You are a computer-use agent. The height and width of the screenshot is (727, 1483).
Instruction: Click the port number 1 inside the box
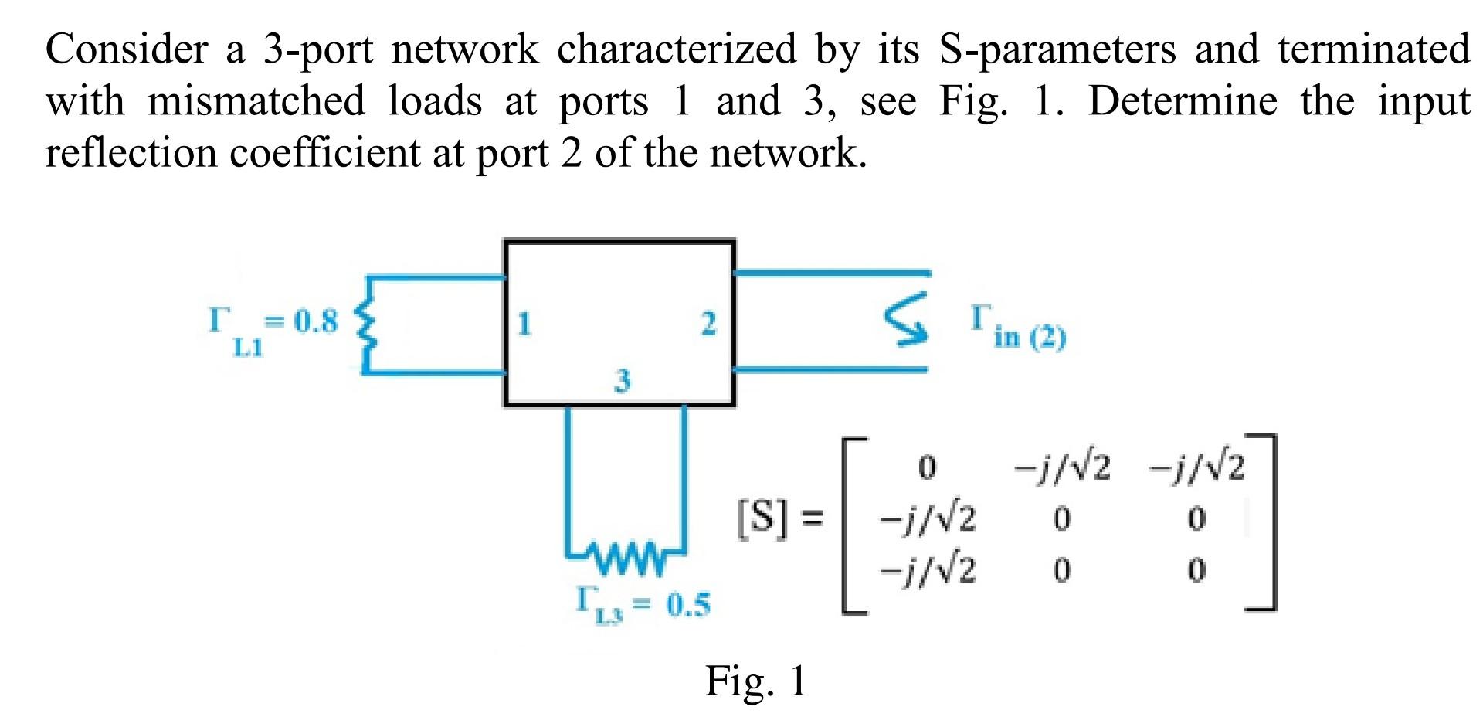click(524, 324)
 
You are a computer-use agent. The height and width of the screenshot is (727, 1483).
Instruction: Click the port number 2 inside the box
click(708, 324)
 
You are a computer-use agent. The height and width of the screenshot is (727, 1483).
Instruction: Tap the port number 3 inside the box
click(623, 380)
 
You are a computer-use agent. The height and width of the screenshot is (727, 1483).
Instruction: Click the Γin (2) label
click(1018, 328)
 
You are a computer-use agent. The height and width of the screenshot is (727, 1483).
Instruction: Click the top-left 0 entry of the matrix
click(927, 467)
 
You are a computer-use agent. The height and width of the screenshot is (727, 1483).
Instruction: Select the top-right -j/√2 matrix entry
click(1196, 467)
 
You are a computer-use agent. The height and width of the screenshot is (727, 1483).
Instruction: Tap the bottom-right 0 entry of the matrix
click(1196, 571)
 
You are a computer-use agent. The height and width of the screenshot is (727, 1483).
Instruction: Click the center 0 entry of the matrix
click(1062, 519)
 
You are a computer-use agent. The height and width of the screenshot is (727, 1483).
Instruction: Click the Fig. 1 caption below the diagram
click(755, 681)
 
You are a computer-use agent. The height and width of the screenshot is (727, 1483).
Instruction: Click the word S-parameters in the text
click(1057, 49)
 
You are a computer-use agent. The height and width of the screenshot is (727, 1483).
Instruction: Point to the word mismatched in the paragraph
click(256, 101)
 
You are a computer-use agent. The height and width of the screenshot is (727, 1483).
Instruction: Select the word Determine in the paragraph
click(1183, 101)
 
